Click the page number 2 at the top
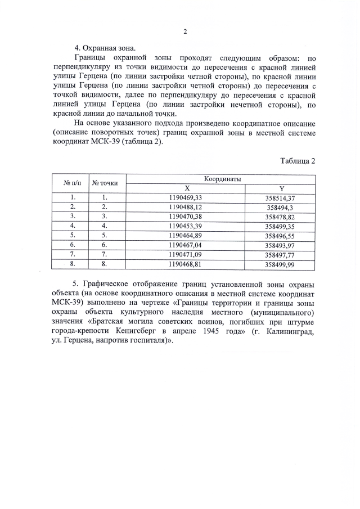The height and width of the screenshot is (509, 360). (185, 31)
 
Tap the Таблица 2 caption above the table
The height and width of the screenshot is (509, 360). (298, 161)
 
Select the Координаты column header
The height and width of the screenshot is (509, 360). (222, 178)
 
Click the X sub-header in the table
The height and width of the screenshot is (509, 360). (186, 188)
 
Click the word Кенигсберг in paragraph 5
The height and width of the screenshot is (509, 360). (145, 331)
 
